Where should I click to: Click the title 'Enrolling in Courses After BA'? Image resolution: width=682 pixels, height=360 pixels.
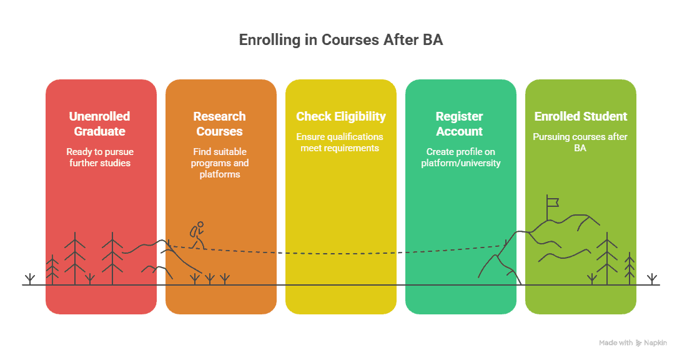tap(341, 40)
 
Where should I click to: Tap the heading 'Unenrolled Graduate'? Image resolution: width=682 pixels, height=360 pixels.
tap(100, 124)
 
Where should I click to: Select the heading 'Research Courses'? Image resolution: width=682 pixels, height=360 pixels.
tap(220, 124)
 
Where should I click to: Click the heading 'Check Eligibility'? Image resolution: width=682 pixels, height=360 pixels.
tap(341, 117)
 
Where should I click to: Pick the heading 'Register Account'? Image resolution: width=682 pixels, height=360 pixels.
tap(460, 124)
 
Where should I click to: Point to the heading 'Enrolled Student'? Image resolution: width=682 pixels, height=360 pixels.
tap(581, 117)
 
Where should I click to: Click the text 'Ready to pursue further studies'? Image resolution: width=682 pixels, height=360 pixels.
tap(100, 157)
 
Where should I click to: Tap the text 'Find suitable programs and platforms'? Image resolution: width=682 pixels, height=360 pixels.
tap(220, 162)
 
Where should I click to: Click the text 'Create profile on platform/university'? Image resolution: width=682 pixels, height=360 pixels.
tap(460, 157)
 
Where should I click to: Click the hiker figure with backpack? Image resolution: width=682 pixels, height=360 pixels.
tap(197, 235)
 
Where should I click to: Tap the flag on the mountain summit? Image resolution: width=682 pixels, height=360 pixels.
tap(551, 201)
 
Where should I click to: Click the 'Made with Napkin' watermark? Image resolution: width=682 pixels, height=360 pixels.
tap(632, 343)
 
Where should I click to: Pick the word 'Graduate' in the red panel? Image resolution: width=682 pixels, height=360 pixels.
tap(100, 131)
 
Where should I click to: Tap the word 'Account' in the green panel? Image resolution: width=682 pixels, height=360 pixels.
tap(460, 131)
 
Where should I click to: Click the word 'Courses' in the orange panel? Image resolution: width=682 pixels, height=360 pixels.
tap(220, 131)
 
